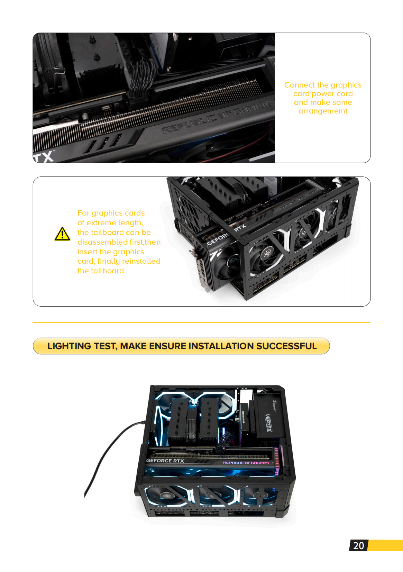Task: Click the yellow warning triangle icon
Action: [62, 234]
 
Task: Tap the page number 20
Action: [358, 546]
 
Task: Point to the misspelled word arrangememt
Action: [323, 111]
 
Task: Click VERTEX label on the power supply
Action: [268, 423]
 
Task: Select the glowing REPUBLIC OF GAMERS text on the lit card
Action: [246, 463]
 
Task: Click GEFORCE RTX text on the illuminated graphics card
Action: [165, 461]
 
